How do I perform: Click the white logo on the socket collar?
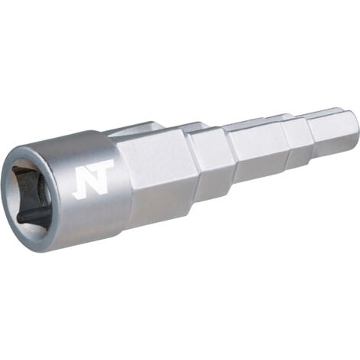(93, 178)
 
